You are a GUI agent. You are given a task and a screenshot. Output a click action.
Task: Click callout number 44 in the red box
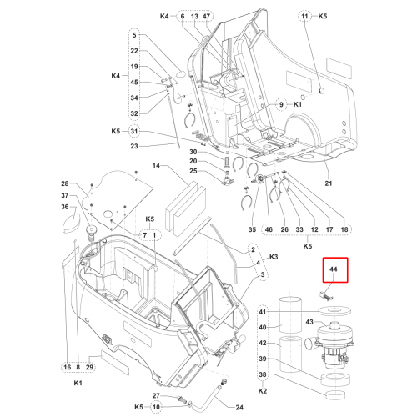[334, 269]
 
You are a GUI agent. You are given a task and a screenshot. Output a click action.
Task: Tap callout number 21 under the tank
[329, 183]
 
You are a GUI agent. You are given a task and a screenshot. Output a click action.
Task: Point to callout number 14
[156, 166]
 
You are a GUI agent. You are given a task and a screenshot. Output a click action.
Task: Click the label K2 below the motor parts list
[263, 391]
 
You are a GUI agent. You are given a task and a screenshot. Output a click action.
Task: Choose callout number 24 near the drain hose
[239, 408]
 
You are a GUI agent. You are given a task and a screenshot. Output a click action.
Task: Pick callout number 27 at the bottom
[156, 395]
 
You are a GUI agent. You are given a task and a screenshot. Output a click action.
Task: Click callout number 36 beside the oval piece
[65, 207]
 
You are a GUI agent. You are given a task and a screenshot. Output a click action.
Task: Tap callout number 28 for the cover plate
[65, 183]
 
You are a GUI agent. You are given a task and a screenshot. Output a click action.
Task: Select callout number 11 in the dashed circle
[304, 16]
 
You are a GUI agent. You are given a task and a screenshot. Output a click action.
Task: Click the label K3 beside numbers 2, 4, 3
[274, 257]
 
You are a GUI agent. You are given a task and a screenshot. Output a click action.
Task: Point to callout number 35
[252, 229]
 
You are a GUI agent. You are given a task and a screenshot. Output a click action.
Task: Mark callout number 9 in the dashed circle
[281, 104]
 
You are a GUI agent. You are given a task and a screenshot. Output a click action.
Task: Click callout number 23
[134, 146]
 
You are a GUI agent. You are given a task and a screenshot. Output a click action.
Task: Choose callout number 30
[193, 152]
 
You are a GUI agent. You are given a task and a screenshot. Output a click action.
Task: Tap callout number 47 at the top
[206, 16]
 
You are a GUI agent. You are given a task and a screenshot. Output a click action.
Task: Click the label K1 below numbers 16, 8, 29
[78, 383]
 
